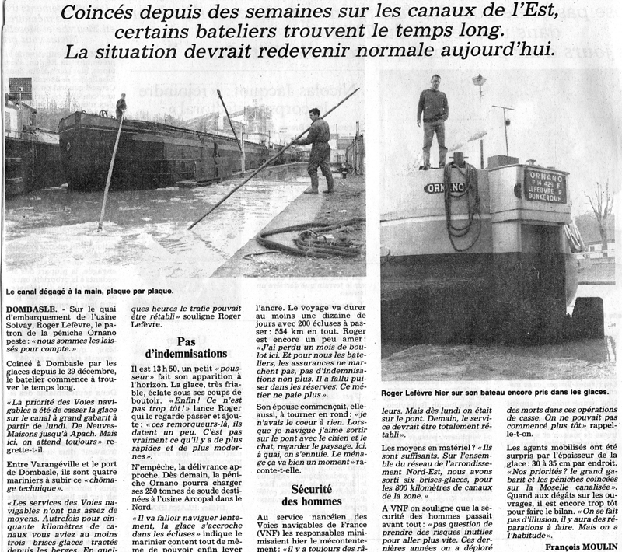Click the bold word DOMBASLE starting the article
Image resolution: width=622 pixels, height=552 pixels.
[33, 309]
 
